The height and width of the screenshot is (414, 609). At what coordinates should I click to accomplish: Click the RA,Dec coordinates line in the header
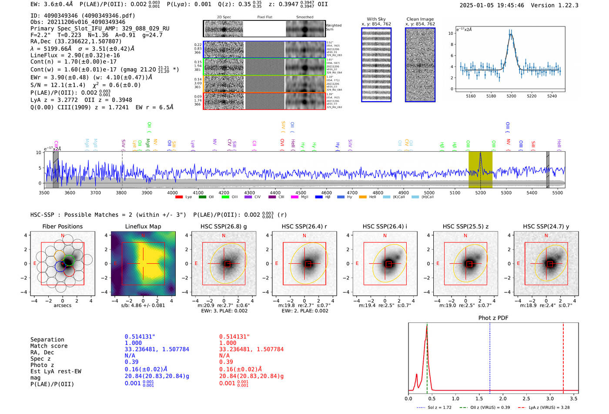76,42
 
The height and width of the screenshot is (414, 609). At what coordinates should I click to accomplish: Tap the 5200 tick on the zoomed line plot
511,96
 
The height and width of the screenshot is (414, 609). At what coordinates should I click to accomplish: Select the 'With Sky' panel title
376,19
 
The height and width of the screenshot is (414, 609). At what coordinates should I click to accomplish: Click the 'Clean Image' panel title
420,19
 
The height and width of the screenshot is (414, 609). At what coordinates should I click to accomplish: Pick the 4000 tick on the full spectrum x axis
172,192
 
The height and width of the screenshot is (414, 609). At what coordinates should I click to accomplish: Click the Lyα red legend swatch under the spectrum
179,197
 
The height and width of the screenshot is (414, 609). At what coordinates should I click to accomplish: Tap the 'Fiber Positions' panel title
62,226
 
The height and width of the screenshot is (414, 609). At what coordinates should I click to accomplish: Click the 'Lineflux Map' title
143,226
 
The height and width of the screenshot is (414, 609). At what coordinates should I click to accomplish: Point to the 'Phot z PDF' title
493,318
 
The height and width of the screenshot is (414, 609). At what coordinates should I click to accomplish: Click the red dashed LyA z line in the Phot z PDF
563,356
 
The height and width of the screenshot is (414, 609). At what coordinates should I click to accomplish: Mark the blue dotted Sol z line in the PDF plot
490,356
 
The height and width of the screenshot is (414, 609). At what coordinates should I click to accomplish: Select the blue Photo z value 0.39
131,362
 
